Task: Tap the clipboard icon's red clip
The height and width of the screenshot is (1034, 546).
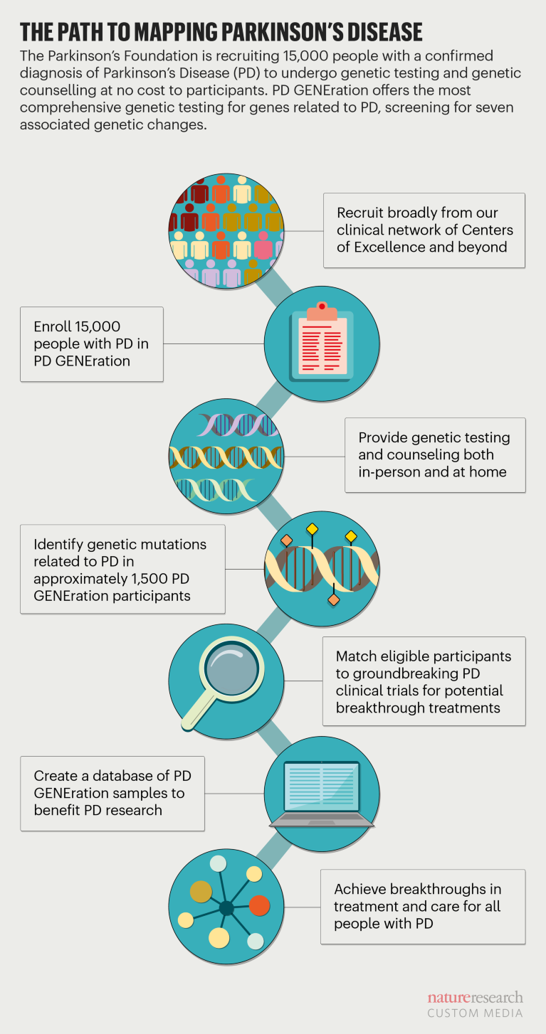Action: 322,307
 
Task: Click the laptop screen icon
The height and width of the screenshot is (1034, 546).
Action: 322,787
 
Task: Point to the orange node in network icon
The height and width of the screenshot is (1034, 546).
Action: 260,905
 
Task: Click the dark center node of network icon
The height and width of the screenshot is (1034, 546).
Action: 226,907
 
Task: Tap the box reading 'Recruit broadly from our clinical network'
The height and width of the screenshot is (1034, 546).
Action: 424,230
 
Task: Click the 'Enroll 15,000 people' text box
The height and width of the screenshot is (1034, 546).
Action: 92,344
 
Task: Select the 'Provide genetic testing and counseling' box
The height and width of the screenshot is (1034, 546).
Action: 435,455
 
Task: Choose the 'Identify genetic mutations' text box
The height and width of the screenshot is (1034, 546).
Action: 122,570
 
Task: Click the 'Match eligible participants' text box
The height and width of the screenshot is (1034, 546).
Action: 424,681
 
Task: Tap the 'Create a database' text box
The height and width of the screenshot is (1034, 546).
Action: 112,794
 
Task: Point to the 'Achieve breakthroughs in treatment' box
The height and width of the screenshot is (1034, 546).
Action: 423,907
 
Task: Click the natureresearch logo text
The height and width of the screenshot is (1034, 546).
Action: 475,998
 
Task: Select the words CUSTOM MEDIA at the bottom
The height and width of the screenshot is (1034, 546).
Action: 475,1013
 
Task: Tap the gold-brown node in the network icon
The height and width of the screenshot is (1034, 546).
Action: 201,892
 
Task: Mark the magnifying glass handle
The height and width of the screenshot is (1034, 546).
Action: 199,711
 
